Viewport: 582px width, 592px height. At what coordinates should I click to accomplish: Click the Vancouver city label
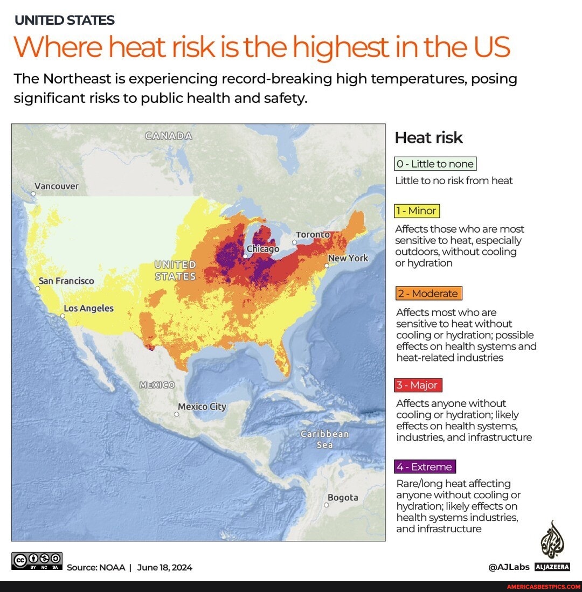pos(57,186)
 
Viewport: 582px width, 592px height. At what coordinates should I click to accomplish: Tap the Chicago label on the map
pos(263,249)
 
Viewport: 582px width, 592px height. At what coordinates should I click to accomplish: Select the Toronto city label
pos(313,235)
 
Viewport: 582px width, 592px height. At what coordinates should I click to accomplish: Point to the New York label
pos(348,258)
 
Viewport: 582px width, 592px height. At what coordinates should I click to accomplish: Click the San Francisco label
pos(66,281)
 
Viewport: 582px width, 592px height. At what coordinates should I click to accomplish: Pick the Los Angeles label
pos(89,308)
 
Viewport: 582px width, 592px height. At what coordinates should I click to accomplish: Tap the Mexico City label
pos(202,407)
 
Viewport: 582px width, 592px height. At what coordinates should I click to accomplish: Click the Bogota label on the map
pos(343,498)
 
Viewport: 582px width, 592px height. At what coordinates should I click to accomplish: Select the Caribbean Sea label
pos(324,439)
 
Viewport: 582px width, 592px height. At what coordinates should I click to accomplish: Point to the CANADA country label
pos(168,136)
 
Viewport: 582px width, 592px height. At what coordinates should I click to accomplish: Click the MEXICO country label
pos(157,385)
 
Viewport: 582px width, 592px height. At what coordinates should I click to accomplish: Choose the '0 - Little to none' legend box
pos(435,164)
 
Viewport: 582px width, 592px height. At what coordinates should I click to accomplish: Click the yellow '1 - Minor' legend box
pos(417,211)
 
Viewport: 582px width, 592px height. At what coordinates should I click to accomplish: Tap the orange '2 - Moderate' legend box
pos(429,294)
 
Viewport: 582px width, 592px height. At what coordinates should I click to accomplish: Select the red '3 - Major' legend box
pos(419,385)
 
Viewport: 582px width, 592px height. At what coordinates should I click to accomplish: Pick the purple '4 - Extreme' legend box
pos(426,466)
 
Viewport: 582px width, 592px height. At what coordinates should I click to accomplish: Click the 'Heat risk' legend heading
pos(428,138)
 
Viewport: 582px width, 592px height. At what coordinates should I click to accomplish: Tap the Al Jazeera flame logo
pos(552,539)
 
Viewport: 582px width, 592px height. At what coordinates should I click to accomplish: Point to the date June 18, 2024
pos(165,567)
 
